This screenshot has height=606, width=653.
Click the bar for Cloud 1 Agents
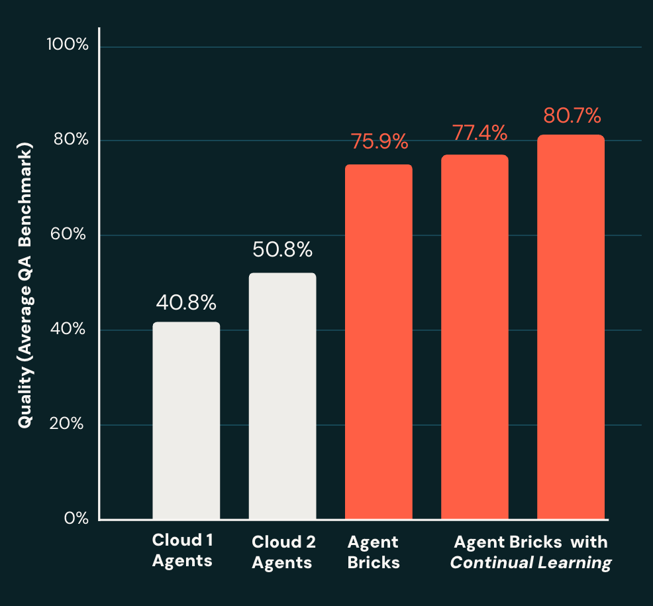186,420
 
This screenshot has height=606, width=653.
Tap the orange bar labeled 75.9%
378,341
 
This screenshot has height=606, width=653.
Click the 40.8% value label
186,303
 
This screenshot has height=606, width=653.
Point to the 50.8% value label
282,250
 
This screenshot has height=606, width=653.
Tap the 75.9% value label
378,142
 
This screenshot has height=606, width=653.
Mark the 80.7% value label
572,115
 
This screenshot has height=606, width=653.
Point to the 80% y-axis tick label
70,140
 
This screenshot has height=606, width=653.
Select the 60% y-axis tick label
70,235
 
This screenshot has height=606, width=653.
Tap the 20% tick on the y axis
70,424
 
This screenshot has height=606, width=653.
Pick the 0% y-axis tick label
75,518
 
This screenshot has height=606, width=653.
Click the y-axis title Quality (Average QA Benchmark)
25,286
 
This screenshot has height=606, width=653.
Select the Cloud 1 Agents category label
182,550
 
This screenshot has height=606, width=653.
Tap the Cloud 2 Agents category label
283,552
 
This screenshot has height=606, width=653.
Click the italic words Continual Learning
530,563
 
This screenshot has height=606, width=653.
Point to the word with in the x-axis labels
589,542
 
